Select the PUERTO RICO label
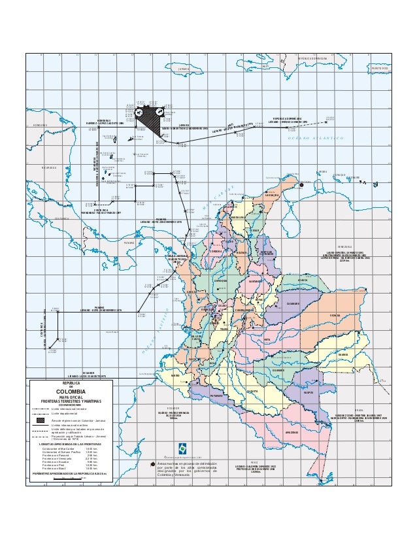(x=379, y=68)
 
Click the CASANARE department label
(x=292, y=303)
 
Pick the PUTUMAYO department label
(x=218, y=396)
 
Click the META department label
(x=267, y=340)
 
